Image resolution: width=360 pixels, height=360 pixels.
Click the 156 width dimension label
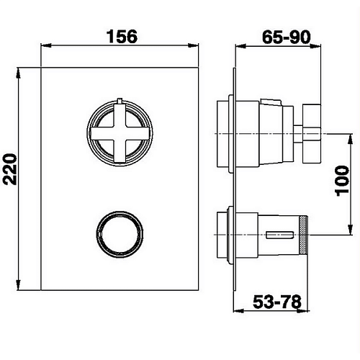(x=122, y=37)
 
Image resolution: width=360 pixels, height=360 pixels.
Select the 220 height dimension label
(x=12, y=169)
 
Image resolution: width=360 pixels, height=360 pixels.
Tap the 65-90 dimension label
(x=287, y=37)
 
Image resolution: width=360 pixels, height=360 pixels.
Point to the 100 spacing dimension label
(x=342, y=181)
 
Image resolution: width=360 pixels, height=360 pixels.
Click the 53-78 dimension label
(x=277, y=302)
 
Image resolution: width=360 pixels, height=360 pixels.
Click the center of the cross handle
(x=120, y=133)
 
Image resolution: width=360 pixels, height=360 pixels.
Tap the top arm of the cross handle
(x=120, y=114)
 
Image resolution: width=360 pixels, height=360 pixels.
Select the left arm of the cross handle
(x=102, y=133)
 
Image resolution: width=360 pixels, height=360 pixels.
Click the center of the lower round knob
(x=120, y=235)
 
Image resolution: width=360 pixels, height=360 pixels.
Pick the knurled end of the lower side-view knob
(x=304, y=235)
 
